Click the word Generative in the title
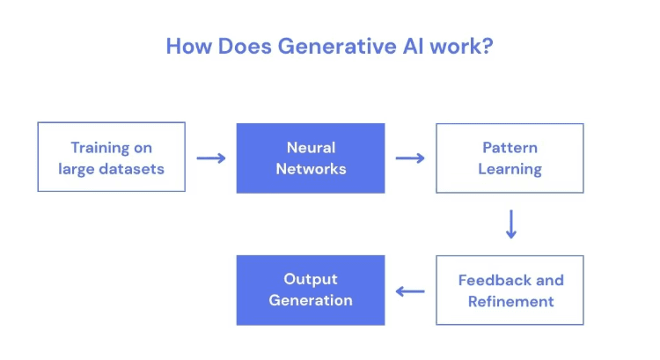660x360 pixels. click(x=322, y=46)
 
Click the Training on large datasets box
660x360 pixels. click(x=111, y=158)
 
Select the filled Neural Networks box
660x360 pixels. click(x=311, y=158)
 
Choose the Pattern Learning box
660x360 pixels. click(x=510, y=158)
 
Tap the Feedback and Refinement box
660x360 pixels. click(x=510, y=290)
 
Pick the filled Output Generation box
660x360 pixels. click(x=311, y=290)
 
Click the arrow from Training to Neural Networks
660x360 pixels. click(x=210, y=158)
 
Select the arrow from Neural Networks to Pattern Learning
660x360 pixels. click(x=410, y=158)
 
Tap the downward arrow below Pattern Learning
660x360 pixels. click(x=510, y=224)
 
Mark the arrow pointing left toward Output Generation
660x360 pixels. click(x=410, y=291)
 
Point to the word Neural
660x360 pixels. click(x=311, y=147)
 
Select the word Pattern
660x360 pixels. click(x=510, y=147)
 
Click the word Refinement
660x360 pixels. click(x=510, y=302)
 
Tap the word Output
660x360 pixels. click(x=311, y=280)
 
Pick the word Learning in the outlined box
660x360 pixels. click(x=510, y=169)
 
